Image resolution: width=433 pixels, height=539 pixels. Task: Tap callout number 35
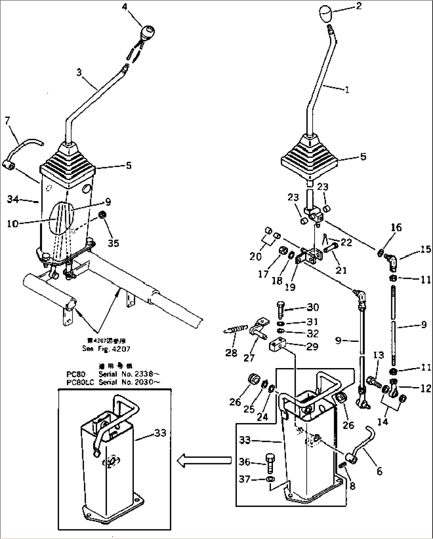(x=114, y=242)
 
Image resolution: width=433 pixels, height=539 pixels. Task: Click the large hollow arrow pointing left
(x=204, y=460)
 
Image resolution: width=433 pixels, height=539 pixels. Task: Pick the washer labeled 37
(x=270, y=480)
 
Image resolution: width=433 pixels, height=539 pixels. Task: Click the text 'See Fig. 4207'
(x=106, y=349)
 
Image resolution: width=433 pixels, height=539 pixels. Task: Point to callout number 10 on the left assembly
(x=12, y=223)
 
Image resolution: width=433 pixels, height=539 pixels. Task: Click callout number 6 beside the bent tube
(x=379, y=472)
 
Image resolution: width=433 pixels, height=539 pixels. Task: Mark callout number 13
(x=378, y=355)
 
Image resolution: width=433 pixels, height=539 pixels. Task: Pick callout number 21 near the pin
(x=341, y=270)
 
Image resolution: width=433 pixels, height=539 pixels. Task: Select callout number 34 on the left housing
(x=14, y=199)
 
